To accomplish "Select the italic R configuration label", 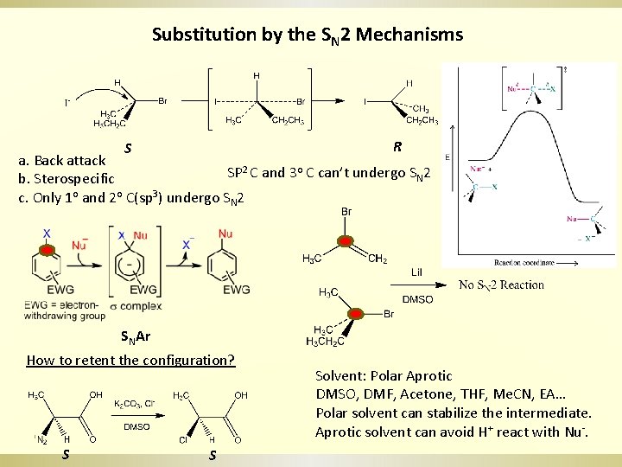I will pos(397,146).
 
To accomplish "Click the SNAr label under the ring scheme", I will pos(135,337).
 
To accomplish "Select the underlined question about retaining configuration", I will pos(130,360).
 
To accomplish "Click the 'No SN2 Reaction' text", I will pos(501,285).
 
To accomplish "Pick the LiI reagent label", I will pos(416,272).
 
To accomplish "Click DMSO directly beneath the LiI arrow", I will pos(418,299).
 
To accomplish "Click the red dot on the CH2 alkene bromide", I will pos(345,240).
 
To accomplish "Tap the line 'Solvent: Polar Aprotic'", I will pos(384,376).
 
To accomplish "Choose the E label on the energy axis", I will pos(447,157).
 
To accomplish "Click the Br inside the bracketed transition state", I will pos(300,102).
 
